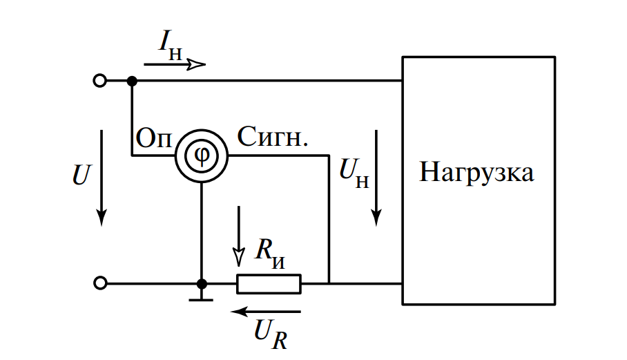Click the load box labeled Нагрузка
point(479,180)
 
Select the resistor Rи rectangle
point(269,283)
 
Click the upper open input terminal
point(100,81)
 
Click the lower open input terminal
point(100,283)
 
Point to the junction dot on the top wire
point(132,81)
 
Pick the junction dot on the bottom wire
point(202,283)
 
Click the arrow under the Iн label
point(175,64)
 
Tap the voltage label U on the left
point(81,175)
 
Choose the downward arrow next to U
point(102,177)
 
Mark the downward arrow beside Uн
point(376,177)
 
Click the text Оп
point(153,137)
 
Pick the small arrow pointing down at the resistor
point(239,236)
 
